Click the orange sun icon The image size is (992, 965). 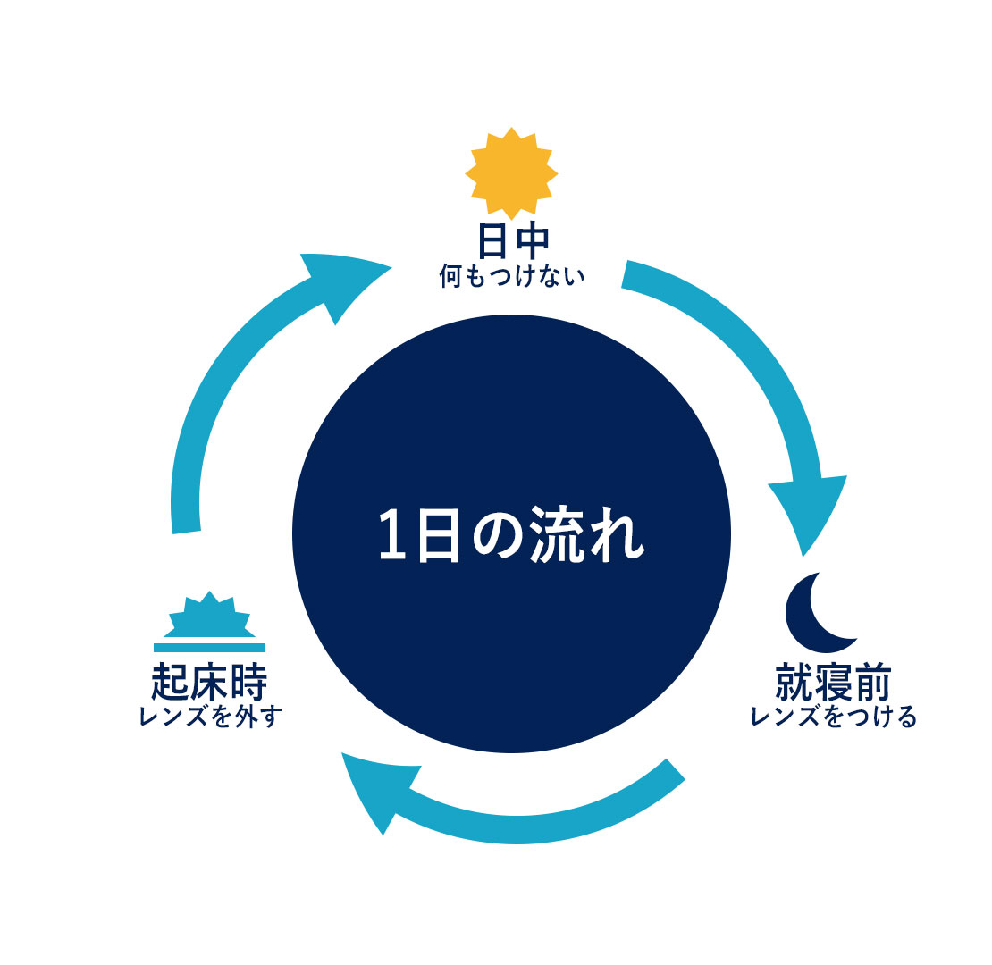[511, 173]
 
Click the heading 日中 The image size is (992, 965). [512, 241]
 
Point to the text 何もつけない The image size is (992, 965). [512, 276]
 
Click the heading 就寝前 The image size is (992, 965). [833, 683]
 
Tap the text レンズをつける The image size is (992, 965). [833, 717]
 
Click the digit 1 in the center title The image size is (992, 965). [392, 534]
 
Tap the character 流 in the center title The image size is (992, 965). [557, 534]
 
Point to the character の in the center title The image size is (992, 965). [499, 535]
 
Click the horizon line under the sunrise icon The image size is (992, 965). [209, 648]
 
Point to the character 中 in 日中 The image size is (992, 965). [531, 241]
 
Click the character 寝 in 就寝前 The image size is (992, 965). [834, 683]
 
